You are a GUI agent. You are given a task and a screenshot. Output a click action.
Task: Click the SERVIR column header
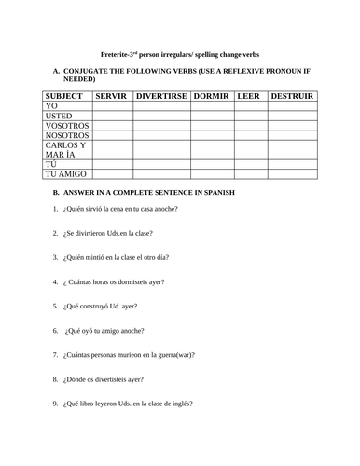click(111, 96)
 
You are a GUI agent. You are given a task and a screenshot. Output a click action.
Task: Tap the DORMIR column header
click(212, 96)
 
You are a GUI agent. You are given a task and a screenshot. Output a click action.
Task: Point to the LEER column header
click(249, 96)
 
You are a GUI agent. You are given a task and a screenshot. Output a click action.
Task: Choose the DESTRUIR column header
click(291, 96)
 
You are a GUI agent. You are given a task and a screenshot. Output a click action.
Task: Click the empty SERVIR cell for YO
click(111, 107)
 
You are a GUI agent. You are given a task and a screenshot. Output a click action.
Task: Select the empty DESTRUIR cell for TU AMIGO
click(291, 175)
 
